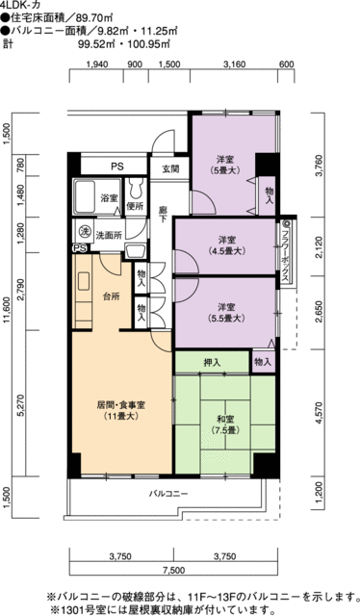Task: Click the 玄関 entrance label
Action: (170, 169)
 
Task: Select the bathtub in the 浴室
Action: (85, 196)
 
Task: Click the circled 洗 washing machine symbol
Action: (83, 232)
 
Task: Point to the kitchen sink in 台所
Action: (84, 282)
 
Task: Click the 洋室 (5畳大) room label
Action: (225, 165)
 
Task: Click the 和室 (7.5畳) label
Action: (225, 424)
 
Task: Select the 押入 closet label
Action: (212, 363)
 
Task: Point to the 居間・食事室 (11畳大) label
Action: (121, 410)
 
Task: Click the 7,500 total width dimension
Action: (173, 570)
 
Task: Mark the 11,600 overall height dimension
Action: (7, 312)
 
